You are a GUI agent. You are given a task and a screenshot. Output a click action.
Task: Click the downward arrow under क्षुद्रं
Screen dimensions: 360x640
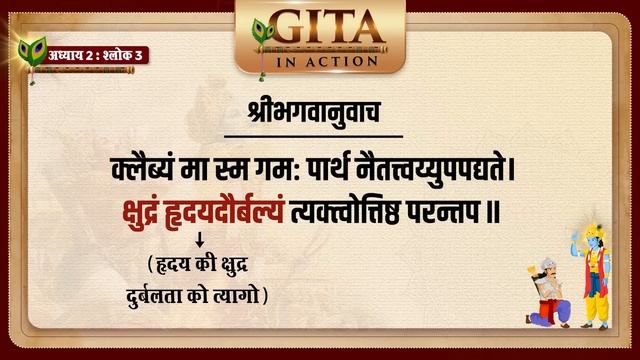coord(200,241)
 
